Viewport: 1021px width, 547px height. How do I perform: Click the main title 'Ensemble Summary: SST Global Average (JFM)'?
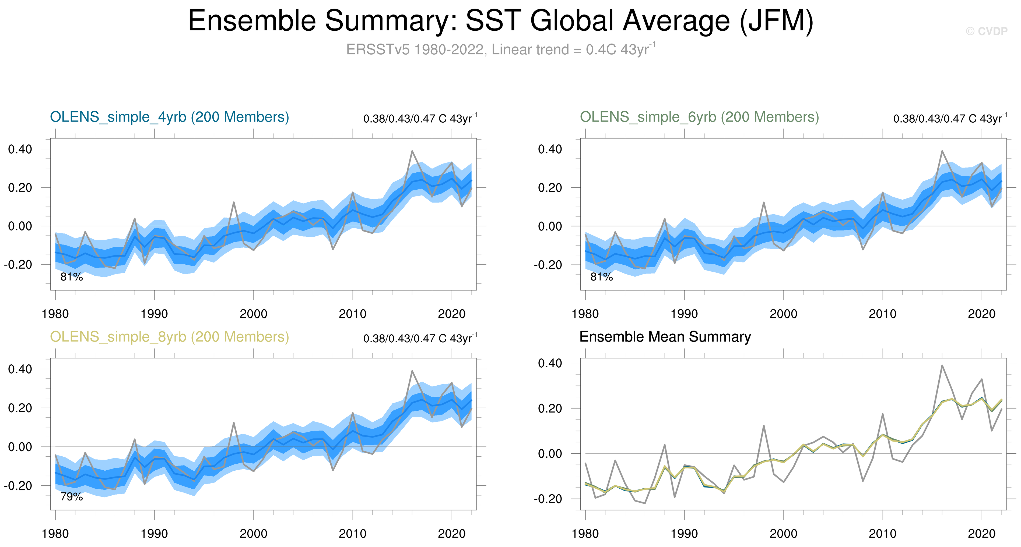coord(500,21)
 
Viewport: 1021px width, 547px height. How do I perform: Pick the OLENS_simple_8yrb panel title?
coord(169,337)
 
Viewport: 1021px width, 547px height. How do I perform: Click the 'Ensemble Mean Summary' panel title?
coord(665,337)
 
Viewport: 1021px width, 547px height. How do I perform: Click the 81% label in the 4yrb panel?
coord(71,277)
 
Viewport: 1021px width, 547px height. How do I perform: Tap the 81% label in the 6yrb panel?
coord(601,277)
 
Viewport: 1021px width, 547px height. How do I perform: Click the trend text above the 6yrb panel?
coord(950,118)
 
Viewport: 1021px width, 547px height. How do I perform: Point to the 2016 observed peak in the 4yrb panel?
coord(412,151)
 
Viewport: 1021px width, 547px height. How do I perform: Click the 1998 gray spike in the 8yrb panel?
coord(234,423)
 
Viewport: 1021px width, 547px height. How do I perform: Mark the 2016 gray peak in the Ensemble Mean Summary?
coord(942,365)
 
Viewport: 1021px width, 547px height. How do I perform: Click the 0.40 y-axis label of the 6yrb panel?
coord(550,149)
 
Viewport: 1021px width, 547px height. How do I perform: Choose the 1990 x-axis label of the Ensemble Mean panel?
coord(684,534)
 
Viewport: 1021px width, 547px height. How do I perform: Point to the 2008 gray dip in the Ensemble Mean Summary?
coord(863,481)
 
